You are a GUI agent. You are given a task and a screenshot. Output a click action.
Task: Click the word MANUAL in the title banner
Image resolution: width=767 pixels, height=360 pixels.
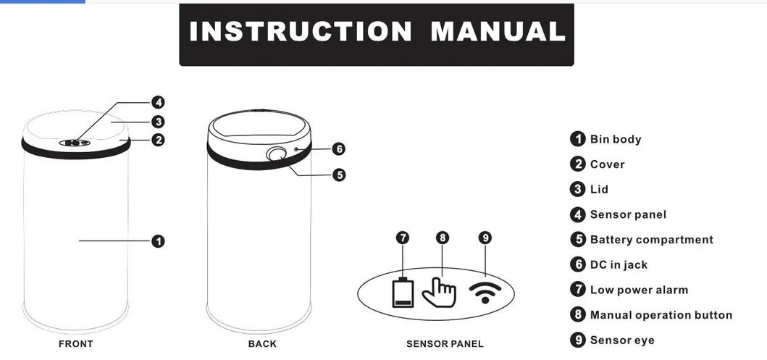(x=498, y=31)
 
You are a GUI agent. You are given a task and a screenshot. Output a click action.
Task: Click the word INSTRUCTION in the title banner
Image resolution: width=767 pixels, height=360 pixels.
(x=301, y=31)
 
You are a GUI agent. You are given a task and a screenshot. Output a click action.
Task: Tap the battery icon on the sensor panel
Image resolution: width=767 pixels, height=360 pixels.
(x=403, y=293)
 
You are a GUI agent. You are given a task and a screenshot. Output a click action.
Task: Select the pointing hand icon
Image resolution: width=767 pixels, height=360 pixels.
(x=439, y=293)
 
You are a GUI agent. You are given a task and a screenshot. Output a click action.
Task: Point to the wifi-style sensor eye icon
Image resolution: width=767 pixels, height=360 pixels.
(x=485, y=293)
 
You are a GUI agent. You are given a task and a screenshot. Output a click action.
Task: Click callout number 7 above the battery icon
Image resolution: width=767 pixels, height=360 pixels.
(x=403, y=238)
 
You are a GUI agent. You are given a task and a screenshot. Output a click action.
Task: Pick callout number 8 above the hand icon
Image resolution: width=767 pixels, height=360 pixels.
(x=443, y=238)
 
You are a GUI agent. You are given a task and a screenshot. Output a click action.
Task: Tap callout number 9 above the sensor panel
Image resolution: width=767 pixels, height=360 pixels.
(x=485, y=238)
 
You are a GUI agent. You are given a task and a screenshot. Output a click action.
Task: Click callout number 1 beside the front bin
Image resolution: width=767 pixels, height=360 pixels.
(x=158, y=241)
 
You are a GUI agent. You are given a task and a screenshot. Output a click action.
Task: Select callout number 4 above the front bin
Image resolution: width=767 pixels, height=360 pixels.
(x=158, y=102)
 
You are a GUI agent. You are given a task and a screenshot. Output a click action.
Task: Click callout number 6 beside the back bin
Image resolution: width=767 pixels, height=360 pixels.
(x=339, y=148)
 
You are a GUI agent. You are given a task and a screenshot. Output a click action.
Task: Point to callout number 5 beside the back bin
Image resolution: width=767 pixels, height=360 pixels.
(x=339, y=175)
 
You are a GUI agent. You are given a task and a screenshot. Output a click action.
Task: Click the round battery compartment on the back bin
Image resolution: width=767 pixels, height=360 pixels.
(x=277, y=154)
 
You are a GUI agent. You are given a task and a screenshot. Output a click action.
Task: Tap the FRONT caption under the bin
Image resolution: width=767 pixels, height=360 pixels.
(x=76, y=344)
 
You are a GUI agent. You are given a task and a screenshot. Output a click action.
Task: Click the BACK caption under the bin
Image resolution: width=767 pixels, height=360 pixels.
(x=262, y=344)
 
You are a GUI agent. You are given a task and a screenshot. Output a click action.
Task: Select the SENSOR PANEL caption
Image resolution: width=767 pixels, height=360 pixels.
(x=445, y=344)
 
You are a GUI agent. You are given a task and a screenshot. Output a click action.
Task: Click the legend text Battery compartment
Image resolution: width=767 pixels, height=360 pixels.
(x=652, y=240)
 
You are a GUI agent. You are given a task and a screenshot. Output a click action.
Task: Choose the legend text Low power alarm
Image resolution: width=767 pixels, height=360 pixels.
(x=639, y=290)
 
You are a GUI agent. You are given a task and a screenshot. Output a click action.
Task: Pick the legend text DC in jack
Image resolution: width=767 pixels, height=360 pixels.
(x=619, y=264)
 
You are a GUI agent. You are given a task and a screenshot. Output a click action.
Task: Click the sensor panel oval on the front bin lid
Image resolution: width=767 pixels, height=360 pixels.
(x=75, y=143)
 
